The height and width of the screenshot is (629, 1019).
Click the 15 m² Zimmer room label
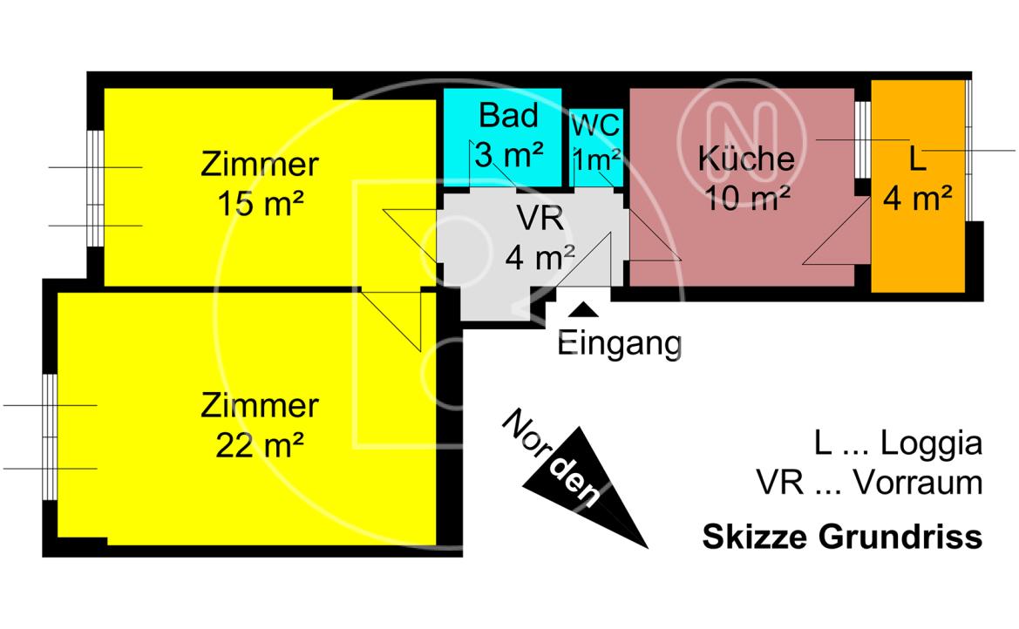point(260,183)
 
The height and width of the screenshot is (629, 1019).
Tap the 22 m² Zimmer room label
point(260,425)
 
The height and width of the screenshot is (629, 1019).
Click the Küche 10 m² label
point(745,179)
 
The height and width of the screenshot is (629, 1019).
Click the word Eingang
point(619,343)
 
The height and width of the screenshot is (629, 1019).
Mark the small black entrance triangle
point(583,308)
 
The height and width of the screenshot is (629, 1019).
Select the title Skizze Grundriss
point(841,537)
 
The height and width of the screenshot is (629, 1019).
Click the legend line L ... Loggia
point(897,443)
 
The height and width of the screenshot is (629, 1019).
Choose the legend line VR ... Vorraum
point(869,482)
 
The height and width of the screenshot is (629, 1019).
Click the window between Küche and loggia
point(862,139)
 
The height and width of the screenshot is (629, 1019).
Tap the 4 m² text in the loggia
point(916,200)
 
